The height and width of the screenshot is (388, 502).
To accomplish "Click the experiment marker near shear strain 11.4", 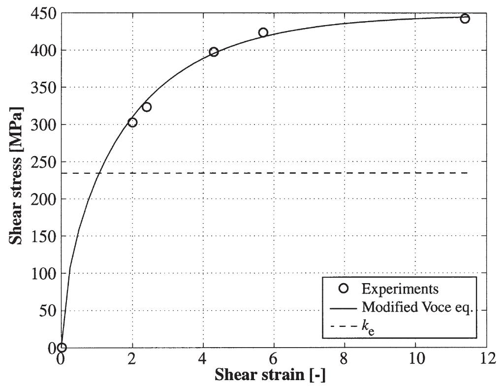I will click(x=465, y=19).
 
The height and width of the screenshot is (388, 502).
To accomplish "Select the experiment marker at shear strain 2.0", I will click(x=132, y=122).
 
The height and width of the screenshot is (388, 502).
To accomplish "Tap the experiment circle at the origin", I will click(x=62, y=348).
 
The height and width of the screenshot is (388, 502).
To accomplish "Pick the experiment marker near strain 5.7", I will click(x=263, y=32).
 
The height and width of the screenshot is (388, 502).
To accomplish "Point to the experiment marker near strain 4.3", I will click(x=214, y=52).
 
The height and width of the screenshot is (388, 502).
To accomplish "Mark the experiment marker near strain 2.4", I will click(x=146, y=107).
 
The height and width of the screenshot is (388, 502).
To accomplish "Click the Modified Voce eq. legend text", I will click(x=417, y=307).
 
